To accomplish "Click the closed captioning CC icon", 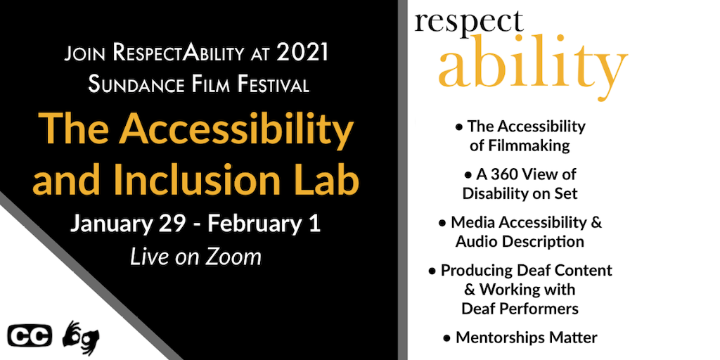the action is tap(30, 336).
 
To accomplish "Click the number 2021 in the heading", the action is tap(302, 53).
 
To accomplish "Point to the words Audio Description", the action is tap(520, 242).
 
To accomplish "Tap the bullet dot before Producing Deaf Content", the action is tap(432, 271).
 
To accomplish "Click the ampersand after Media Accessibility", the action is tap(596, 222).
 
